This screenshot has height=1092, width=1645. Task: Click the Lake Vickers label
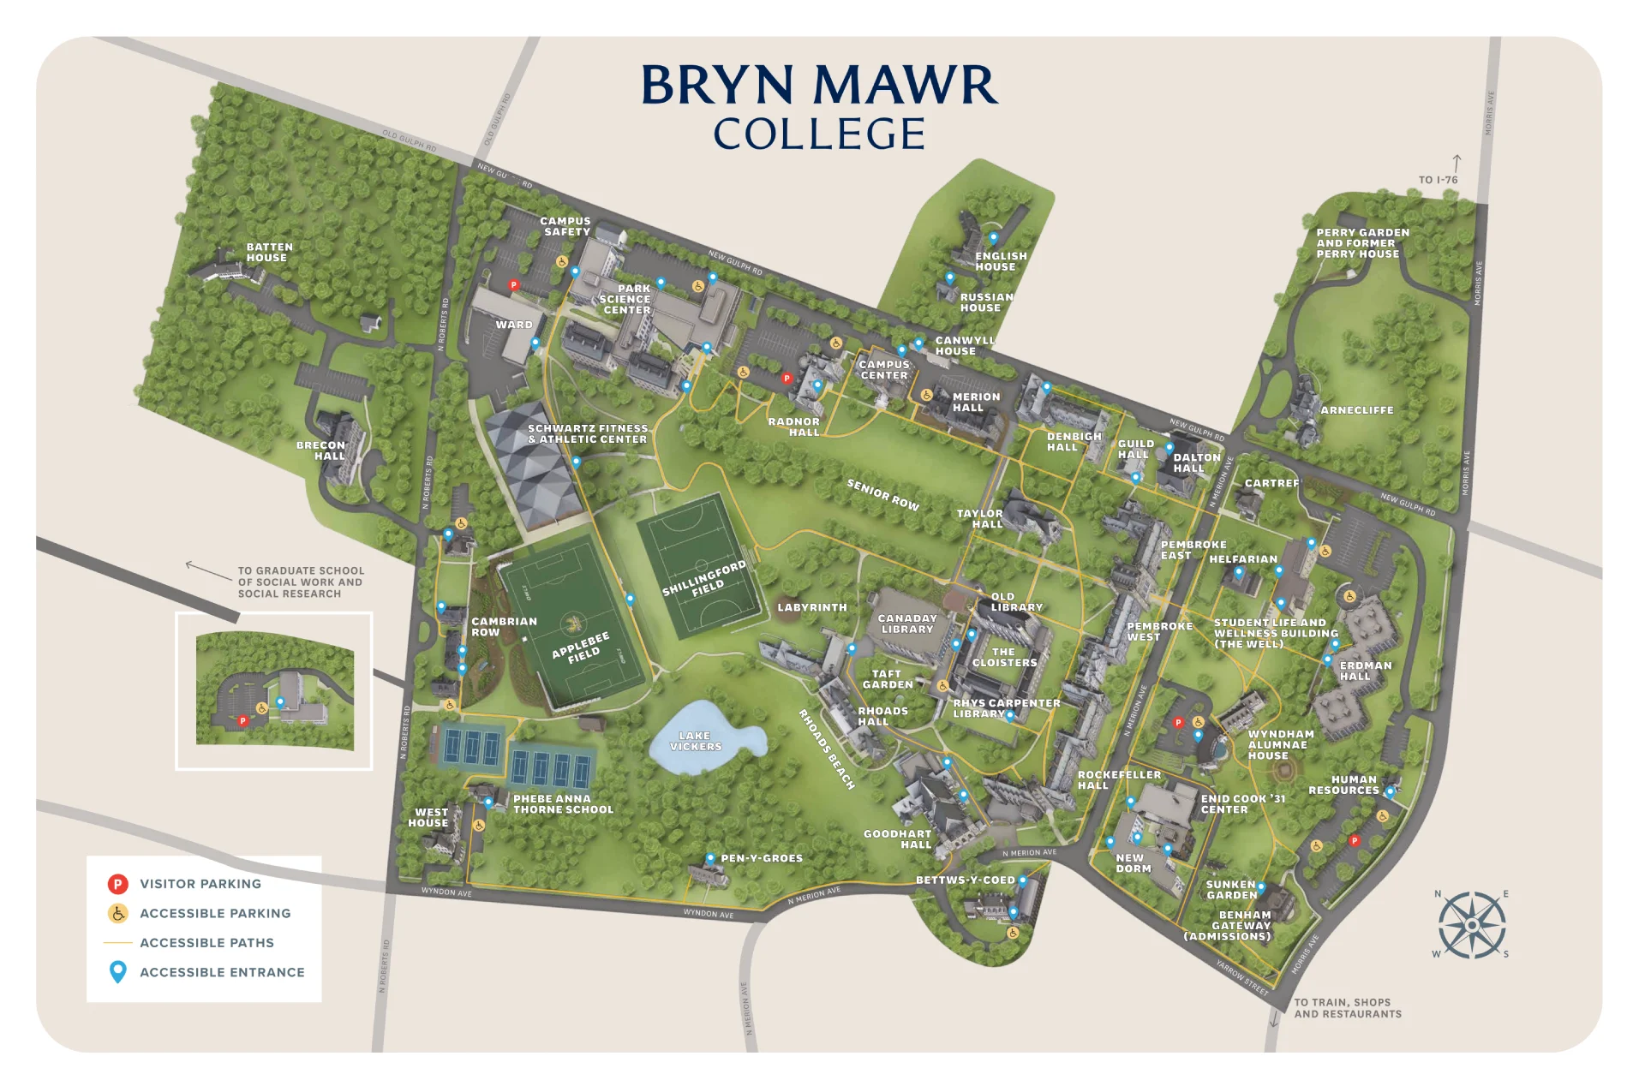tap(695, 741)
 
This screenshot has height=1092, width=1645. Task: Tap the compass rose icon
tap(1471, 925)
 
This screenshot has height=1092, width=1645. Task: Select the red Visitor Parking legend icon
tap(118, 884)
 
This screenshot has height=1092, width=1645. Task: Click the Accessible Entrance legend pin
tap(118, 972)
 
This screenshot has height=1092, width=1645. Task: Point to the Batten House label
tap(269, 252)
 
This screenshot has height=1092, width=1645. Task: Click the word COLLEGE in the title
tap(819, 134)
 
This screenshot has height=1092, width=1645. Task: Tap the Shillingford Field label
tap(704, 580)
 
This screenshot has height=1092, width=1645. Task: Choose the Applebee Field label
tap(581, 648)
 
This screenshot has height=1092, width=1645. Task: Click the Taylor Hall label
tap(980, 519)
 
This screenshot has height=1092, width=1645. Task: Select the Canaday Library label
tap(907, 624)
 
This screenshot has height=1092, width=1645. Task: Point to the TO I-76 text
tap(1438, 180)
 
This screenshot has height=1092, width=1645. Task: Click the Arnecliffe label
tap(1356, 410)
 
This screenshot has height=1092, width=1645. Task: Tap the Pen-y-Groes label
tap(761, 858)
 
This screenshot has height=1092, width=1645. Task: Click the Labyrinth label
tap(811, 607)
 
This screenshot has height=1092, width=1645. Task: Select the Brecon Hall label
tap(321, 451)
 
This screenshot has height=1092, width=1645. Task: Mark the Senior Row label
tap(882, 495)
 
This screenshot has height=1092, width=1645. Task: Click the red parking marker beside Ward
tap(514, 285)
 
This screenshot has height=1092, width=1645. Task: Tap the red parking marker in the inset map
tap(242, 720)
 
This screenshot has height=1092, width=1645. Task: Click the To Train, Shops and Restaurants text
tap(1347, 1008)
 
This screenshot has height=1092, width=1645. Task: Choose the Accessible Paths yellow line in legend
tap(118, 943)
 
